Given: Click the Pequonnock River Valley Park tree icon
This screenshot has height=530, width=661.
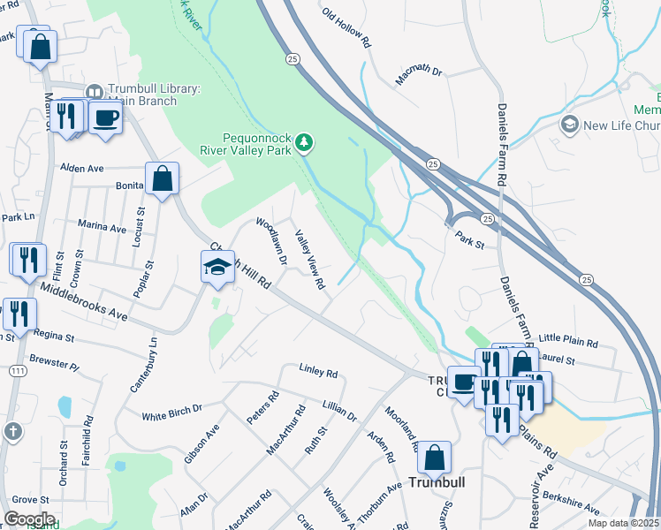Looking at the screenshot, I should tap(305, 142).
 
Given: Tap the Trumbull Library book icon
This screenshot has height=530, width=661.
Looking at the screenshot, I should tap(95, 92).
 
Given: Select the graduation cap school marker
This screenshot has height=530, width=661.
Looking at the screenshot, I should tap(217, 268).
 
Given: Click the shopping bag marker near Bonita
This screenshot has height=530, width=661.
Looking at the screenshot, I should tap(163, 179).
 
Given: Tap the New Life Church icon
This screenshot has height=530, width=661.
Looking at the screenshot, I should tap(569, 125).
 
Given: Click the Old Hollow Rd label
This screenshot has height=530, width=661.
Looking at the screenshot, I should tap(344, 27).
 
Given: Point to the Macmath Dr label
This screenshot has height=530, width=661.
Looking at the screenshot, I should tap(417, 78).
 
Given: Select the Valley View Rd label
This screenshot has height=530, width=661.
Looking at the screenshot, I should tap(310, 259).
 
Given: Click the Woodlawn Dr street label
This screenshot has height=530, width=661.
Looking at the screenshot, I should tap(271, 241).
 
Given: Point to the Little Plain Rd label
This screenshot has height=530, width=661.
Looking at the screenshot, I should tap(568, 340).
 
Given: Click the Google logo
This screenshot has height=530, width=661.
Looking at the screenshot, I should tap(28, 519).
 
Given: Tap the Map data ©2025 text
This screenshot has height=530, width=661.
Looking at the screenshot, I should tap(623, 523).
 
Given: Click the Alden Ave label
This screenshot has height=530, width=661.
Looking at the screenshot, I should tap(81, 168).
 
